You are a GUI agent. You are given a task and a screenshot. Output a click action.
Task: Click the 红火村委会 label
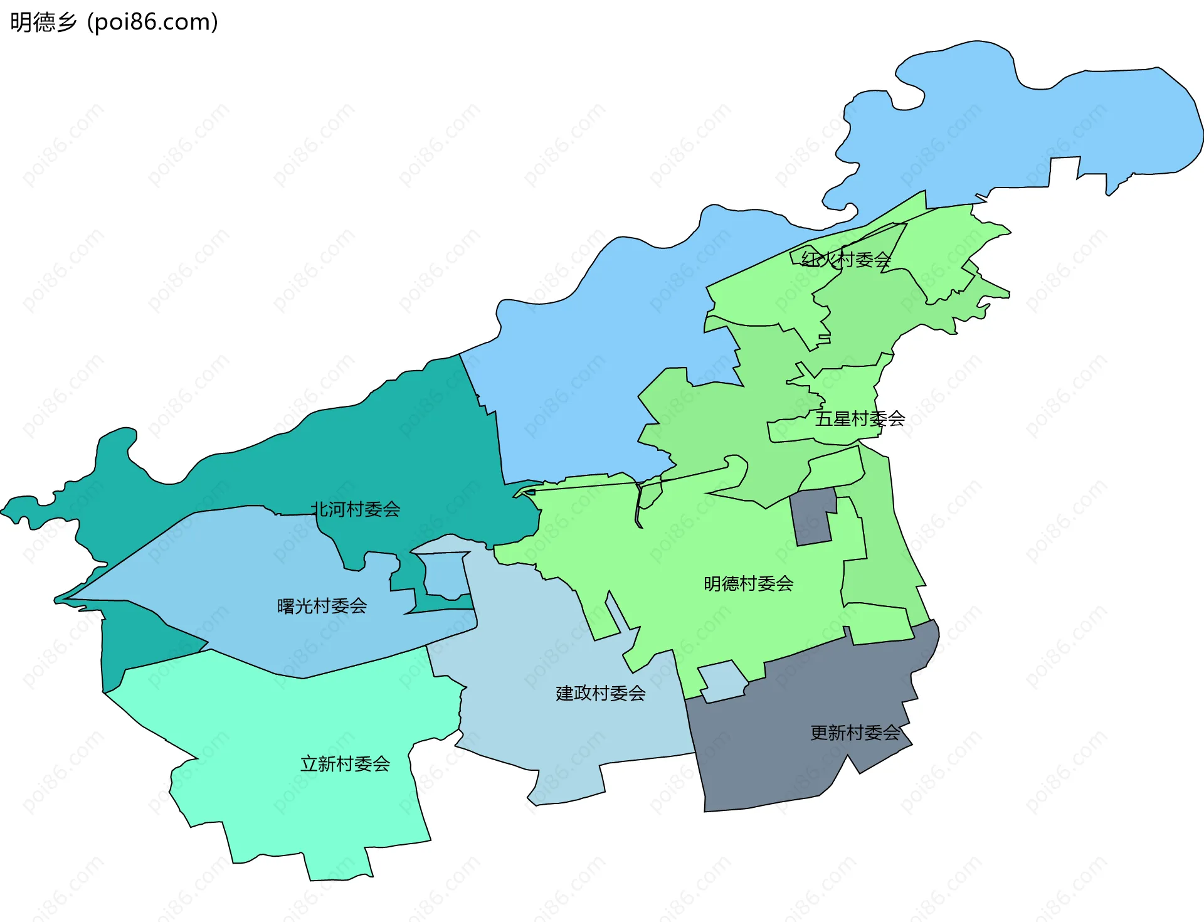[846, 259]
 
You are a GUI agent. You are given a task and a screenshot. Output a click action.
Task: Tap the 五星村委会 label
[860, 418]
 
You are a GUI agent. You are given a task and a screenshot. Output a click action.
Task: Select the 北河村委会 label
[356, 509]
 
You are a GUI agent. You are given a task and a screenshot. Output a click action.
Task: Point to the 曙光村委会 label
[322, 606]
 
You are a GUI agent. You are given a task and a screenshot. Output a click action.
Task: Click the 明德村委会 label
[748, 583]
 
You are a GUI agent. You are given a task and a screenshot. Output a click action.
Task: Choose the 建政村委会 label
[600, 693]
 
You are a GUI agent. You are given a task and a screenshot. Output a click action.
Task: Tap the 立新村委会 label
[345, 763]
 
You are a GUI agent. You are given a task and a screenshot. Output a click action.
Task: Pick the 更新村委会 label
[855, 733]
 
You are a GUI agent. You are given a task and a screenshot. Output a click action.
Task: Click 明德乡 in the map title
[43, 22]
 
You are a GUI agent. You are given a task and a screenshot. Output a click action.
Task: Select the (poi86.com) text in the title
[152, 22]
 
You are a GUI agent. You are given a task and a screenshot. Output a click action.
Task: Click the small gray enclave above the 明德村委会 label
[813, 517]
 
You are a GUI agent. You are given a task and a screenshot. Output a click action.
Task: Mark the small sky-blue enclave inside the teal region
[446, 574]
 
